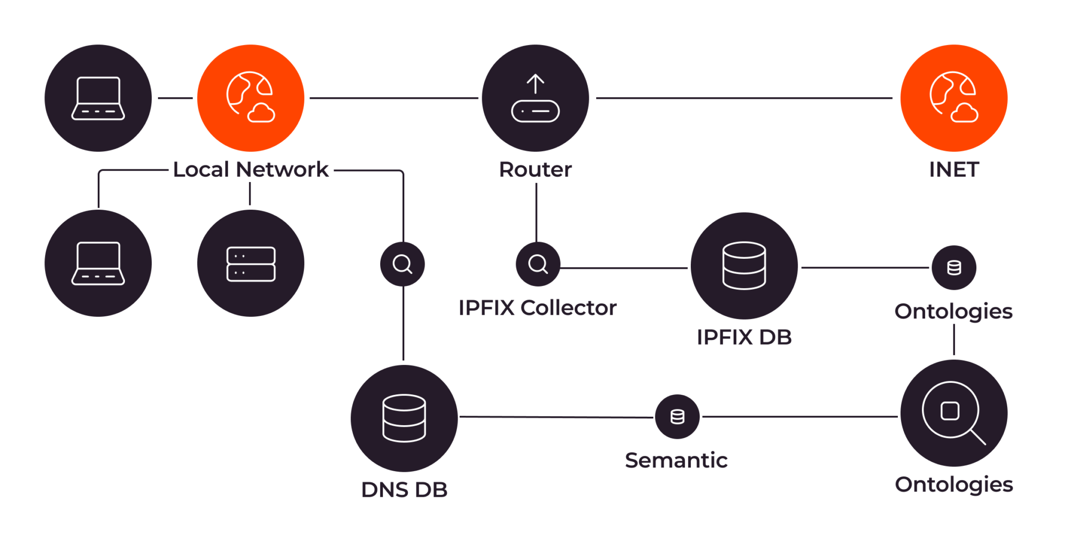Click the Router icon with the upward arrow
pos(535,98)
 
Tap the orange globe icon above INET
pos(953,98)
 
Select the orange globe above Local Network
pos(250,98)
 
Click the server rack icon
pos(250,264)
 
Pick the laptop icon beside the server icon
pos(98,264)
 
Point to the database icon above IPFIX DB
pos(744,266)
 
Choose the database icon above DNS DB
pos(404,418)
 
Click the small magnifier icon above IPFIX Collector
pos(538,264)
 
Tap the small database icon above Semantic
pos(677,417)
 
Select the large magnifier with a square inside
pos(953,413)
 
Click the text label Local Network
pos(250,169)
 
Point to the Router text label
pos(535,169)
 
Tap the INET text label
pos(953,169)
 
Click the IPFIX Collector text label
pos(537,308)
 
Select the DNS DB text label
pos(404,490)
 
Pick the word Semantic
pos(676,460)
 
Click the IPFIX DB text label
pos(744,337)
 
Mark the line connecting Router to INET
pos(743,98)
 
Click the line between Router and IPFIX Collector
pos(536,212)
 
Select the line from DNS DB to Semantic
pos(554,417)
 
